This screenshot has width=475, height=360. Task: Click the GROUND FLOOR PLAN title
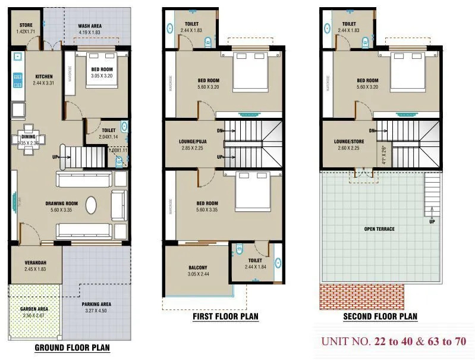72,348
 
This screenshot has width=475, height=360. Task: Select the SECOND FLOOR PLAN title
380,317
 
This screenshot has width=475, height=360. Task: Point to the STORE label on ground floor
26,25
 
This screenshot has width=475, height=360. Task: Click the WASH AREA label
90,26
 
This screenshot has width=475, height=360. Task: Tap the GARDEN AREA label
34,309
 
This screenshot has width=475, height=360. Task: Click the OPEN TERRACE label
380,229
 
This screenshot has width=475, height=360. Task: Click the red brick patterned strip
362,296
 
